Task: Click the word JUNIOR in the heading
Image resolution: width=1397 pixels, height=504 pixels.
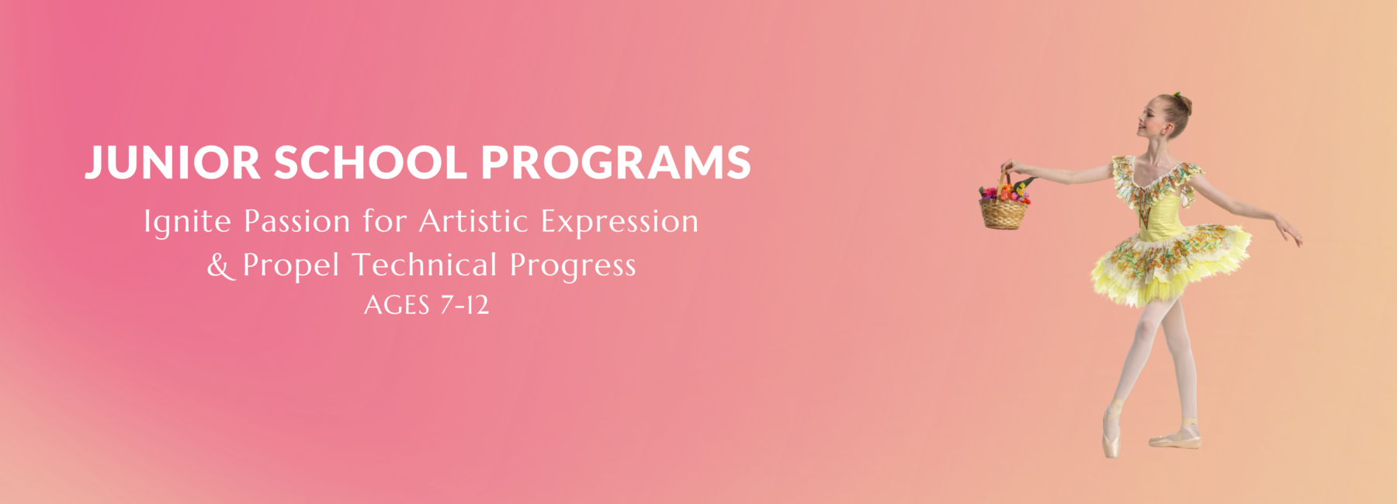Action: click(x=172, y=163)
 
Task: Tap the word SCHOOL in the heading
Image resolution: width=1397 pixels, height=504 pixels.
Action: click(x=370, y=163)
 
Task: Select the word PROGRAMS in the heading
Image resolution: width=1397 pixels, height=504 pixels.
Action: click(x=615, y=163)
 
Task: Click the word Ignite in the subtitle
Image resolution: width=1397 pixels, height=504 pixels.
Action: click(x=187, y=223)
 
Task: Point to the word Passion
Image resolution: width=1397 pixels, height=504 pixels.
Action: click(x=297, y=222)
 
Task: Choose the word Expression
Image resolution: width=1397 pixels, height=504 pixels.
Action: click(x=619, y=223)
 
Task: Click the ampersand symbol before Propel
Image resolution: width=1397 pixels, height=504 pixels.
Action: click(x=219, y=266)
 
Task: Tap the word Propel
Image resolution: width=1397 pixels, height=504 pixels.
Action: click(x=291, y=266)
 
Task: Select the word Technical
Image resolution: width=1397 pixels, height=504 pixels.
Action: click(x=424, y=265)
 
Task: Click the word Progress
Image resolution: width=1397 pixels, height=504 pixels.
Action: click(x=573, y=267)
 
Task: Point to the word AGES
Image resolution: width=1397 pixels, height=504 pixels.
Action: click(x=397, y=306)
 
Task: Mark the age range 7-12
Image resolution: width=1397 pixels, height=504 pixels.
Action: click(x=465, y=306)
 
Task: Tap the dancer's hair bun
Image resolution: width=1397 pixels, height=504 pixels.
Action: click(x=1184, y=104)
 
